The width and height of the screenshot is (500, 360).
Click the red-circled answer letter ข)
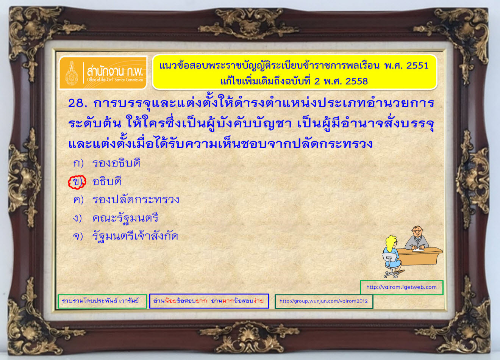77,182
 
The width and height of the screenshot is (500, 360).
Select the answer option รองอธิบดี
116,163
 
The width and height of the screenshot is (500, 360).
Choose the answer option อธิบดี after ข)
107,181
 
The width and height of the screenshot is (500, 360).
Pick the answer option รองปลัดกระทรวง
136,199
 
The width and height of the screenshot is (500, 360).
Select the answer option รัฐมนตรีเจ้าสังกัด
135,236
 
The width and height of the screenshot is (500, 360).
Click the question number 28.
77,103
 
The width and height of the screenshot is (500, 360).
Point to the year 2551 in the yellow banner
417,66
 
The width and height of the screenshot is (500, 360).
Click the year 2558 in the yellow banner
356,81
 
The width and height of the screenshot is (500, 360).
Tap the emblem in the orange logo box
72,73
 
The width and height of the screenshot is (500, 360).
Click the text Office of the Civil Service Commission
115,80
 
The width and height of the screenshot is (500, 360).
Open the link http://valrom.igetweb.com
402,287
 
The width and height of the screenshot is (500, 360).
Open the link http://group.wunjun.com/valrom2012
323,301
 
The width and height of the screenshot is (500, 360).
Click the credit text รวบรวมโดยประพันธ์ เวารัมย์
100,301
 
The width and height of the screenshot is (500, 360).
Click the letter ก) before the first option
78,163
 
